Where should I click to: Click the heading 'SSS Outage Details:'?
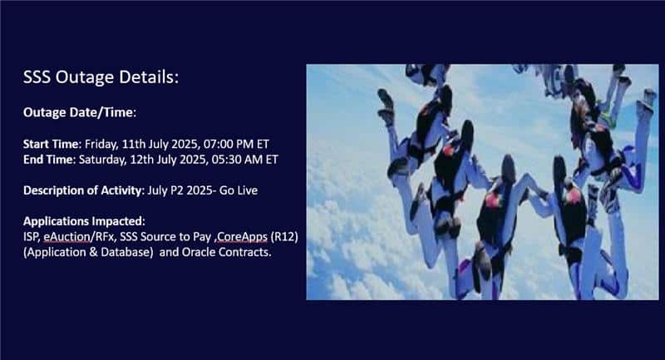pos(101,77)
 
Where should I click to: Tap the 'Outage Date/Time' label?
pos(78,113)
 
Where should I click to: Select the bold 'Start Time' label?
pos(51,144)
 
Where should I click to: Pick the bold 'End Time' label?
pos(48,160)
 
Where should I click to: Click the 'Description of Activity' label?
pos(82,191)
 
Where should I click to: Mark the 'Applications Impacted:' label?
pos(84,221)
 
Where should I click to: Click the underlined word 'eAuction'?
pos(66,237)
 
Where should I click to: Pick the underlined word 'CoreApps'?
pos(242,237)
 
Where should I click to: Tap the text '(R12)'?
pos(284,237)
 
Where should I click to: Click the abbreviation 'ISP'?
pos(32,237)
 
